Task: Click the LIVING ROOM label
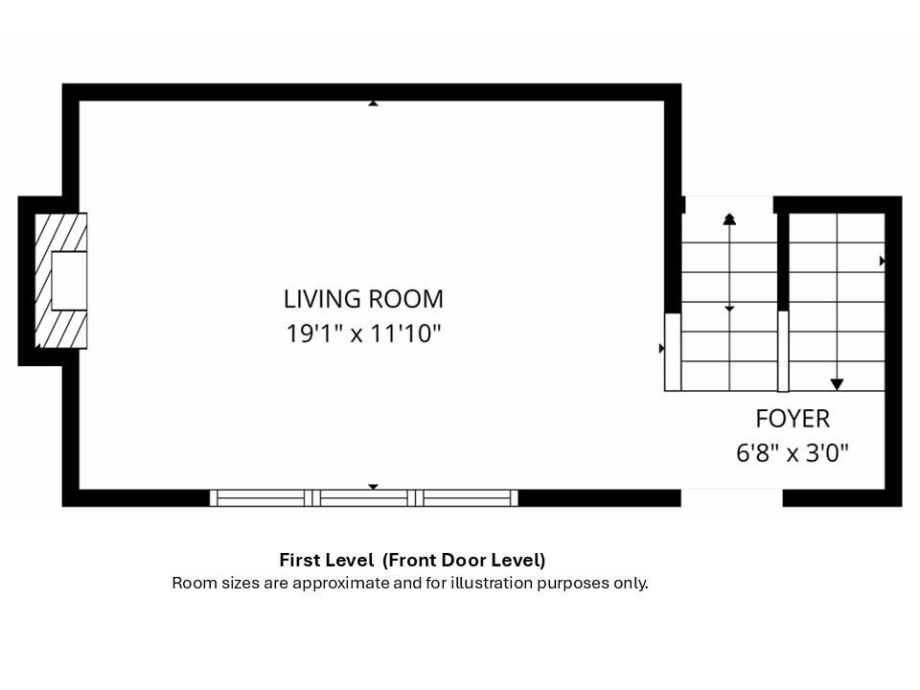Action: coord(363,299)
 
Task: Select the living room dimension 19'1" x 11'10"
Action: coord(363,333)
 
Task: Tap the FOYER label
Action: coord(793,419)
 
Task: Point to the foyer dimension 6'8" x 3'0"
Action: coord(793,453)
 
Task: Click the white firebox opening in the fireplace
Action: coord(69,281)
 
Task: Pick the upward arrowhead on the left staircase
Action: coord(729,219)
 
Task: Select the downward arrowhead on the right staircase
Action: coord(837,384)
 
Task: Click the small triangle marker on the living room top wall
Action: coord(373,103)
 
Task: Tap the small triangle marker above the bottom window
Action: coord(373,487)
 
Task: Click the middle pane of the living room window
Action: coord(364,498)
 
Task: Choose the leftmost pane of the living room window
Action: coord(261,498)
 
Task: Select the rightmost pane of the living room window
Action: coord(467,498)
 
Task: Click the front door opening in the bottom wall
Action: coord(731,497)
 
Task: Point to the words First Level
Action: coord(326,560)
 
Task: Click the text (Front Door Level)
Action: coord(464,560)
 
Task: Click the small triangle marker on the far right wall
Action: coord(882,261)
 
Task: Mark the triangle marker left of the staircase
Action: coord(662,349)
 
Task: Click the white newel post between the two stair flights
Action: coord(783,351)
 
